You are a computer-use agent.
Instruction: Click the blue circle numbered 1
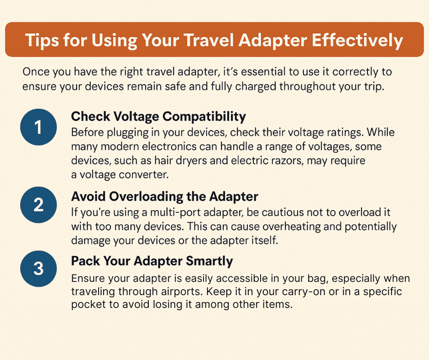point(39,127)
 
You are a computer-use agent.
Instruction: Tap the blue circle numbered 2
point(39,205)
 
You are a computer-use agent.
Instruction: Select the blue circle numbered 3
point(39,269)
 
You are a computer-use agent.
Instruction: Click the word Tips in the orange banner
point(42,41)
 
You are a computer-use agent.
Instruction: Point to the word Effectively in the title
point(357,41)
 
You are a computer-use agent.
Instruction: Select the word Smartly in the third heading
point(209,261)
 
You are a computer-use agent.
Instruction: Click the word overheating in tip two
point(291,227)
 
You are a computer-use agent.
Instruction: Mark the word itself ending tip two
point(265,241)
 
